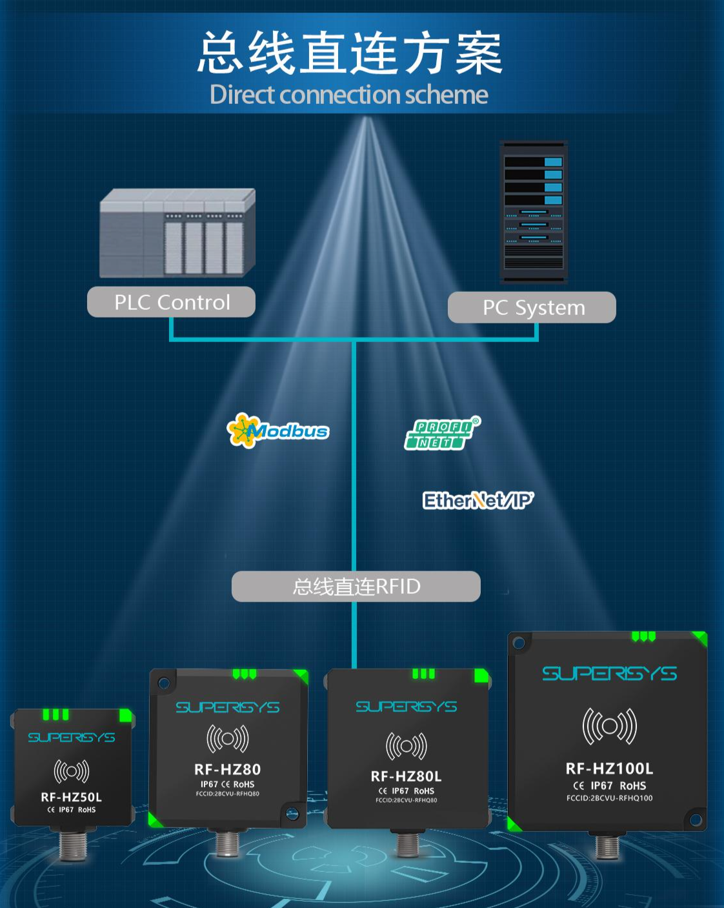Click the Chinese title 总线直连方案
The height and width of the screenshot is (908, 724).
tap(349, 54)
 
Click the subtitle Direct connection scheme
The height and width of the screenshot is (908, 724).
tap(349, 95)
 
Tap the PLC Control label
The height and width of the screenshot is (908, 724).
tap(172, 302)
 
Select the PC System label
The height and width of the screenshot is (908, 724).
tap(533, 308)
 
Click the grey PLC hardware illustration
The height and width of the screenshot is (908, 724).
tap(177, 234)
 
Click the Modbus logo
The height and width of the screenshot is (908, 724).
tap(278, 430)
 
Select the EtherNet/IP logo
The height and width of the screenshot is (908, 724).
tap(478, 500)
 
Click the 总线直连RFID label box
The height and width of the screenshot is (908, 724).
tap(356, 587)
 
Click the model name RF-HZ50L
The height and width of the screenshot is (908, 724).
tap(71, 797)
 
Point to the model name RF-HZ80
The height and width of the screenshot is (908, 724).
tap(227, 769)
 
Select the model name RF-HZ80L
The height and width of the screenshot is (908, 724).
tap(406, 776)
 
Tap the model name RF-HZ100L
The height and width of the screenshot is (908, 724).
tap(609, 769)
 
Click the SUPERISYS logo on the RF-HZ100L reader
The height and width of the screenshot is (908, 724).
tap(609, 674)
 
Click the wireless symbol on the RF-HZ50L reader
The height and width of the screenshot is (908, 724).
tap(72, 771)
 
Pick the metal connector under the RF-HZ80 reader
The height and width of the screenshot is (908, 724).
tap(228, 843)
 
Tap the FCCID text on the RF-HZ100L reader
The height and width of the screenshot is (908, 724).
tap(609, 798)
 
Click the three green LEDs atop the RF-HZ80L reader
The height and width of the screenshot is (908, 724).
tap(423, 674)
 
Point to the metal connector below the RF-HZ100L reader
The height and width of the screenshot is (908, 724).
tap(607, 846)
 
